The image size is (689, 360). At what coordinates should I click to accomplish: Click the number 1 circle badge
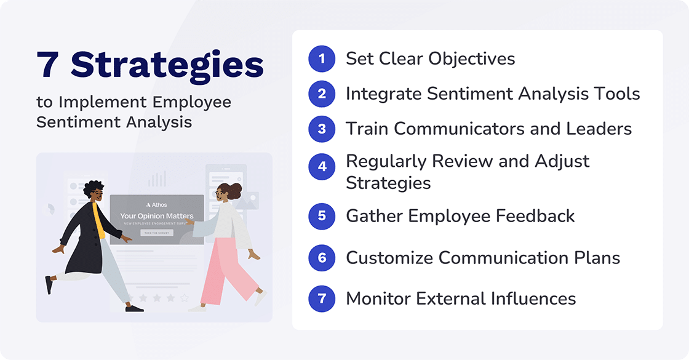coord(322,58)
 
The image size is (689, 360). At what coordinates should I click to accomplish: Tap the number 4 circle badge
coord(322,167)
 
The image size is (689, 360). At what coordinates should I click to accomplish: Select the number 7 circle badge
coord(322,299)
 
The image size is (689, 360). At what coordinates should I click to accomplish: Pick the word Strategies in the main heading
coord(167,64)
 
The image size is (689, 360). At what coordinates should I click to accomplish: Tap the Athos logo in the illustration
coord(157,204)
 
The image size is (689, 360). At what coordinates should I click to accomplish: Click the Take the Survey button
coord(156,233)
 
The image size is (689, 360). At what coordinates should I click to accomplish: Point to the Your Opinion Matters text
coord(156,216)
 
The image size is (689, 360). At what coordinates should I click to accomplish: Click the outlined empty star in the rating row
coord(184,298)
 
